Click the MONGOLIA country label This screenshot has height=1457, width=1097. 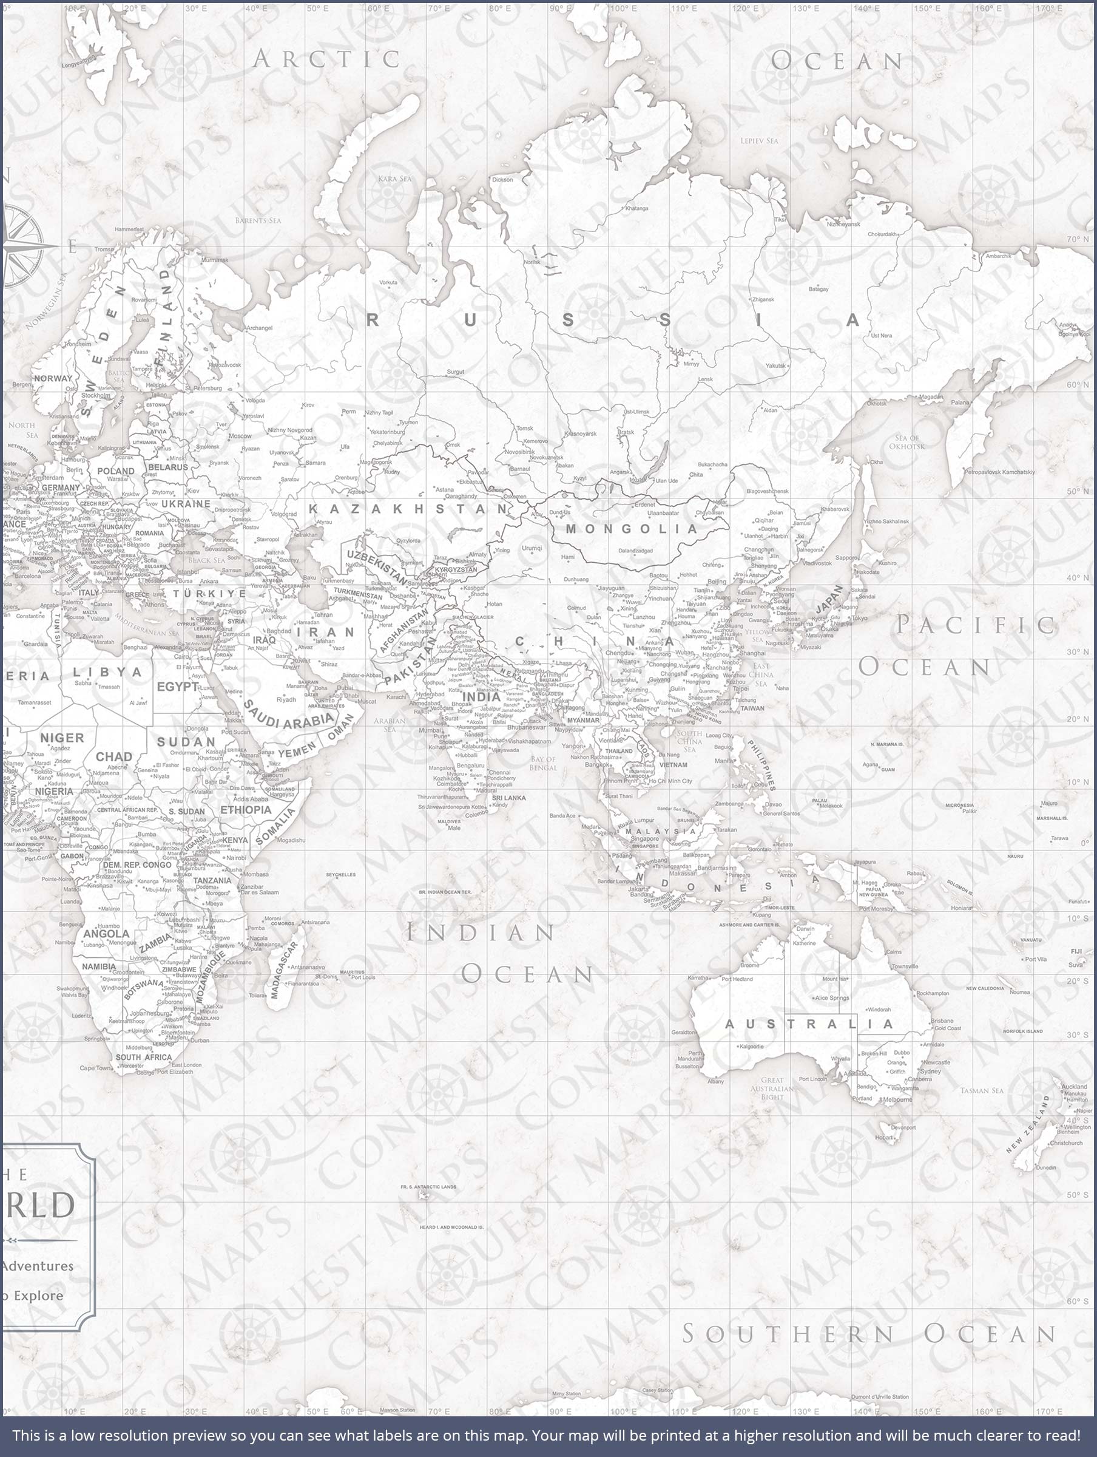pyautogui.click(x=632, y=528)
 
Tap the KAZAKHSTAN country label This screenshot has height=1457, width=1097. pyautogui.click(x=408, y=509)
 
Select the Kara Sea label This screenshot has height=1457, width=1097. pyautogui.click(x=394, y=178)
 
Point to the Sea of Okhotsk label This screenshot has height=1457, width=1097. pyautogui.click(x=906, y=442)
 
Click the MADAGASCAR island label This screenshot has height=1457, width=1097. pyautogui.click(x=285, y=970)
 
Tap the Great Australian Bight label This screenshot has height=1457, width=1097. pyautogui.click(x=772, y=1088)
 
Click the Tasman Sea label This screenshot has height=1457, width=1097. pyautogui.click(x=981, y=1091)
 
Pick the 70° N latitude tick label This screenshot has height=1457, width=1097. pyautogui.click(x=1077, y=239)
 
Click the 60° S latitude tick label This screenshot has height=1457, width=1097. pyautogui.click(x=1077, y=1302)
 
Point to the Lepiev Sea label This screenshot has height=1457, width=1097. pyautogui.click(x=758, y=141)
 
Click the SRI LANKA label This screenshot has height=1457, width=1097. pyautogui.click(x=509, y=798)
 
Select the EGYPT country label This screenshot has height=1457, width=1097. pyautogui.click(x=177, y=687)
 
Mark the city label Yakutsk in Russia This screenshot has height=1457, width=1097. pyautogui.click(x=775, y=365)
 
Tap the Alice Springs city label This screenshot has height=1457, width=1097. pyautogui.click(x=832, y=998)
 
